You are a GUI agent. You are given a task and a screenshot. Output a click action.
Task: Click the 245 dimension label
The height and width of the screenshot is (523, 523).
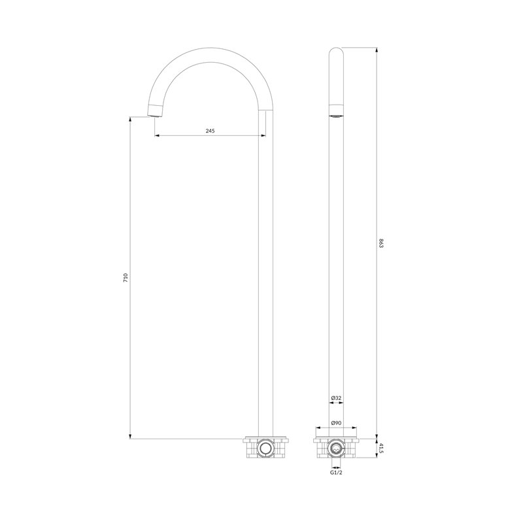point(210,131)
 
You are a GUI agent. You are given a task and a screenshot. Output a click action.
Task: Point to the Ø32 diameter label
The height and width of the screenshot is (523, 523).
point(336,398)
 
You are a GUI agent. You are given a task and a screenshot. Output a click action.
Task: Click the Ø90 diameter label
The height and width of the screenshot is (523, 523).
point(336,422)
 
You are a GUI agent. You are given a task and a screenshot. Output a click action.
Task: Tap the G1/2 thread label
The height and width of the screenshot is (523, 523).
point(336,473)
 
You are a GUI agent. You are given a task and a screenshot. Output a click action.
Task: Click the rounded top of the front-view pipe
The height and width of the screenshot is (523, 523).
point(336,51)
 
